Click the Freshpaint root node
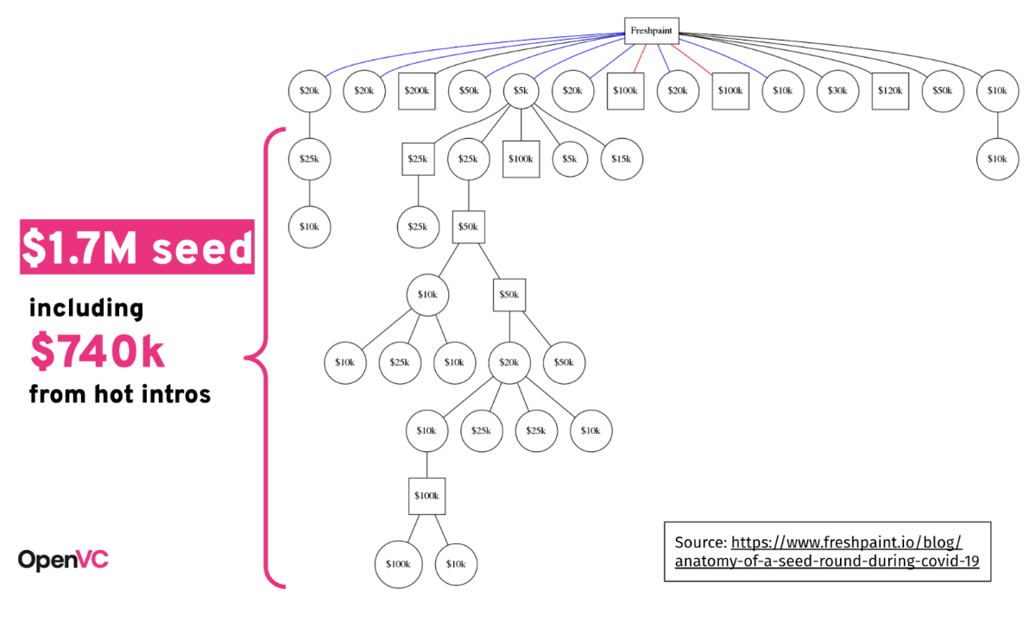(652, 31)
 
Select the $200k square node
(417, 91)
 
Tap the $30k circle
(837, 91)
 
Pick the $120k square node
(890, 91)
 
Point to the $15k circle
(622, 159)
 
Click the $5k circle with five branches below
(521, 91)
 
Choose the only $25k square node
(418, 159)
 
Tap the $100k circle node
(398, 564)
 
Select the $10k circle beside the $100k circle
(456, 564)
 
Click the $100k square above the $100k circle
(426, 496)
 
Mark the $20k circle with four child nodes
(509, 363)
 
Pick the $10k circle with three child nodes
(427, 295)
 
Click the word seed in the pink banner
(202, 248)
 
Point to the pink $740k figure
(97, 351)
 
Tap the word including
(86, 308)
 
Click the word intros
(176, 394)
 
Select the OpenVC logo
(63, 560)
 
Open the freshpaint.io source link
(827, 552)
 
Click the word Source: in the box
(701, 543)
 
